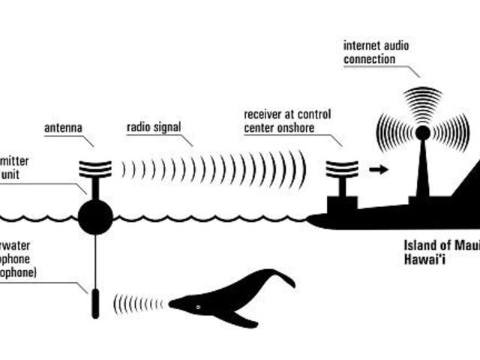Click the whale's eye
197,307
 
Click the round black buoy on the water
95,217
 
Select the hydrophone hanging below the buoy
95,302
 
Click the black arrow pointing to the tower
380,169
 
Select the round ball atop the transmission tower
423,132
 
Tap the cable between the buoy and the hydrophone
95,259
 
